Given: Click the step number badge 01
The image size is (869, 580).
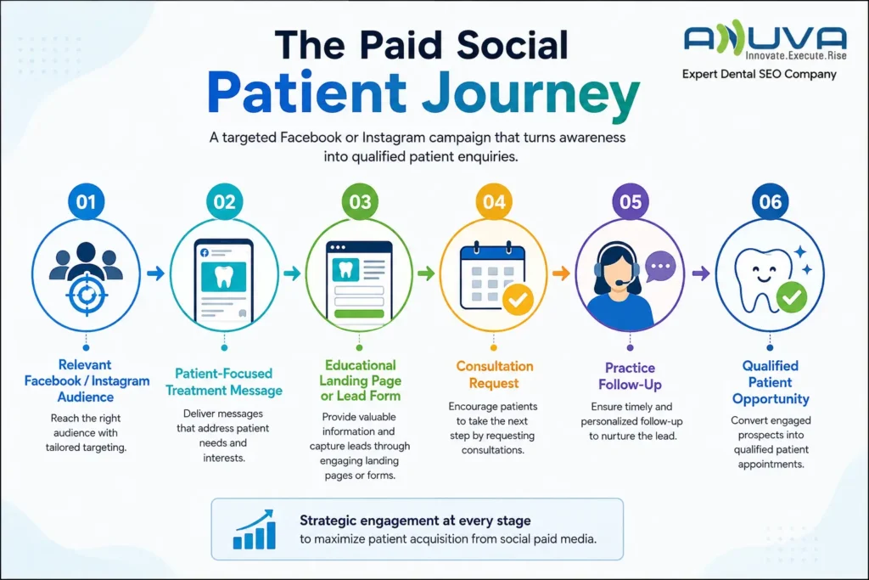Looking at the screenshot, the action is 86,201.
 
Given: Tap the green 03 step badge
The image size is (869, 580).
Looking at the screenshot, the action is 360,201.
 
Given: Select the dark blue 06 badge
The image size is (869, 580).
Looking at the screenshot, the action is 770,201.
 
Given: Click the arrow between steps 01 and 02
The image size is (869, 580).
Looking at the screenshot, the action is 156,273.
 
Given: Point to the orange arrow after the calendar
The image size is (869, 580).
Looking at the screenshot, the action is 561,273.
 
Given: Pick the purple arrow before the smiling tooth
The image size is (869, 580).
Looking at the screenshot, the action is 701,273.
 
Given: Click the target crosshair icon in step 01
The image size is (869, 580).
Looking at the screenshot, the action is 87,295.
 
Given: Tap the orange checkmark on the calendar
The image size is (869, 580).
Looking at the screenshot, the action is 519,300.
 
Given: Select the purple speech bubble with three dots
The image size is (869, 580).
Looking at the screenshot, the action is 659,266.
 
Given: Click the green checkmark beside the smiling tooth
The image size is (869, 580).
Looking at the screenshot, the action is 792,297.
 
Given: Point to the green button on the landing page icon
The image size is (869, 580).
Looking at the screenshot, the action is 359,313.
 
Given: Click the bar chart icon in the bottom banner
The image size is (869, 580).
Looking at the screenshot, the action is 255,529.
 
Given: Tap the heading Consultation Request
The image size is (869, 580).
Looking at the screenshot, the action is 495,374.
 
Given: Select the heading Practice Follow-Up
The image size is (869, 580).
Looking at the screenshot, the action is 631,376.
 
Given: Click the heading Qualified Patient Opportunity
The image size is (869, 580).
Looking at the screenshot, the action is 771,382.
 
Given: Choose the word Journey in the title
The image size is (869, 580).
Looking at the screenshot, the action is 530,94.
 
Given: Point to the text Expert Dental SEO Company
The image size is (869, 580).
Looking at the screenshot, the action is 760,74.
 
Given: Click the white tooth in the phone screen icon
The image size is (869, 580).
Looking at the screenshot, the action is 224,276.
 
